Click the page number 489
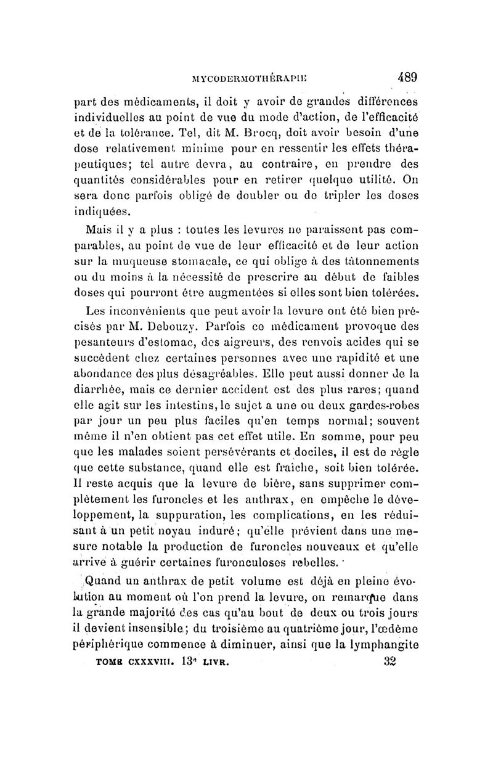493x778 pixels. (408, 78)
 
